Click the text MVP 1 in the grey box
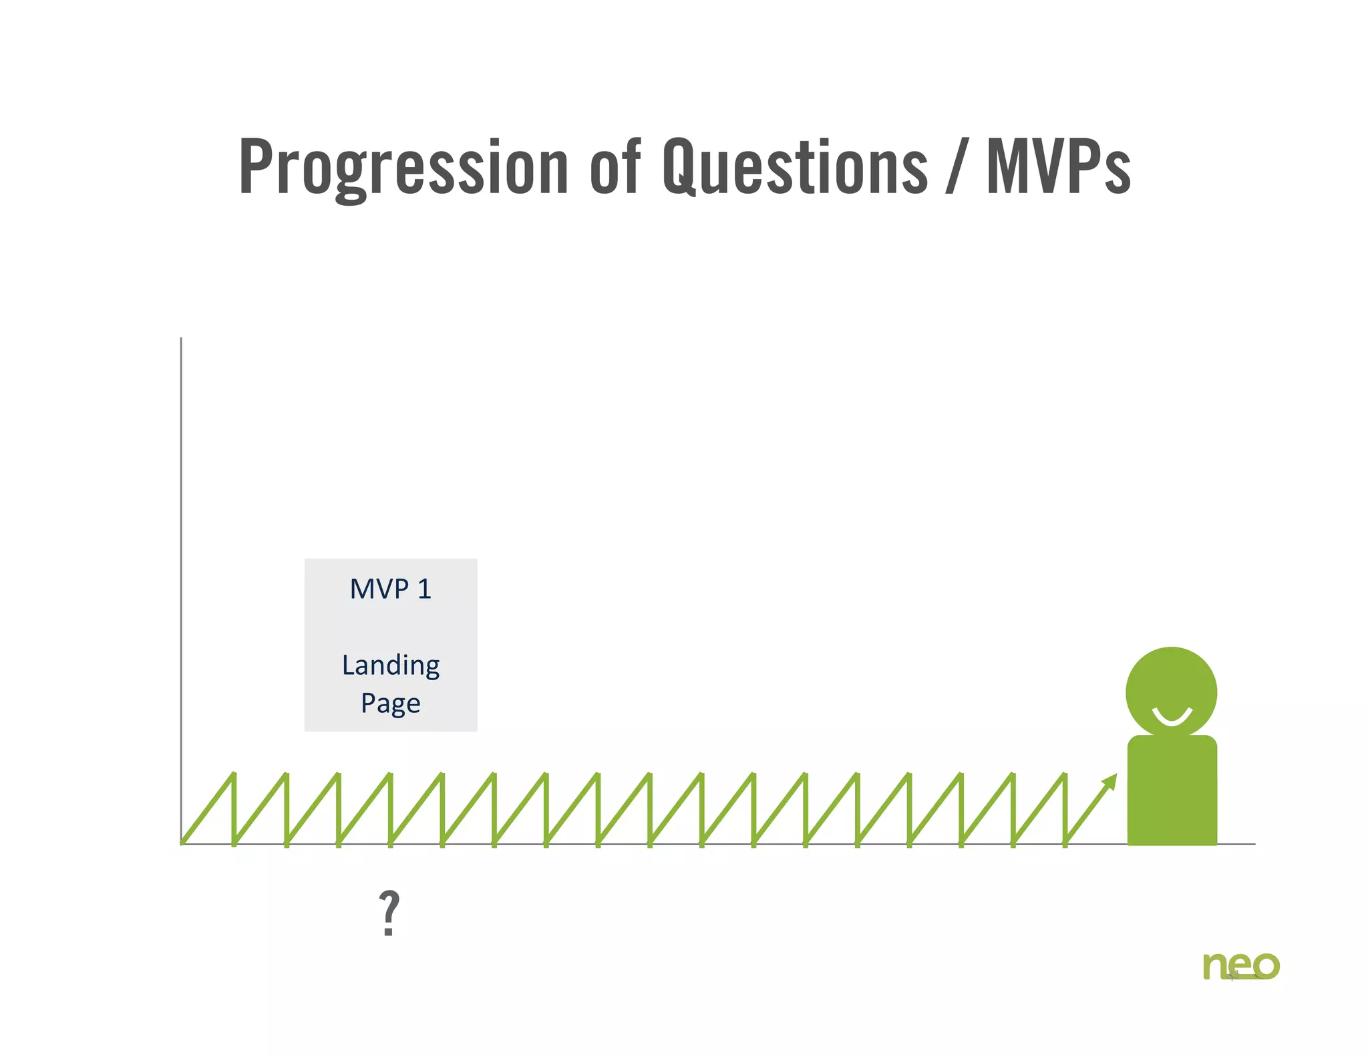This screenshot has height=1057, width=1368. [391, 589]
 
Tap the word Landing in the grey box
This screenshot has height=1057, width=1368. [391, 666]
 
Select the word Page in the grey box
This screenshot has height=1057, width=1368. [391, 704]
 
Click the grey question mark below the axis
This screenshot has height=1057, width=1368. [389, 913]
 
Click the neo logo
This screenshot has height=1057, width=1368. [1241, 966]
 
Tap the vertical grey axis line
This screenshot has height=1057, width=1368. [181, 568]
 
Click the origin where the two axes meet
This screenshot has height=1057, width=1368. [181, 844]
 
